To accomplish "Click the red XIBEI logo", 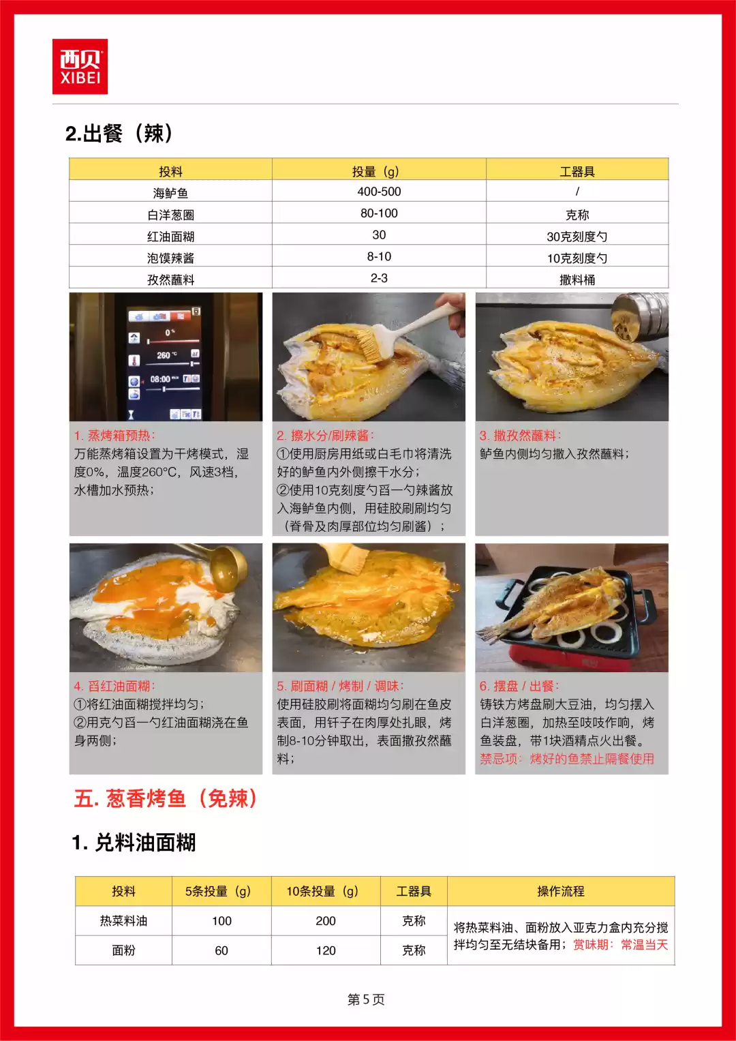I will [x=80, y=67].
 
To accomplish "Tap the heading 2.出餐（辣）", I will [x=119, y=133].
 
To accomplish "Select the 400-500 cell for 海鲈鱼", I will [x=379, y=192].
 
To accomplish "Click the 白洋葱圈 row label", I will [x=170, y=215].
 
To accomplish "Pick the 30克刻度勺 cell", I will [x=577, y=237].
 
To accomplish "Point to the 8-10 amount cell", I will [x=379, y=257].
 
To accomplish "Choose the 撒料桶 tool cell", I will [x=577, y=280].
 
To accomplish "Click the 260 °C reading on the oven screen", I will [x=167, y=355].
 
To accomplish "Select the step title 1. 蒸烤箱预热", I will [x=114, y=436].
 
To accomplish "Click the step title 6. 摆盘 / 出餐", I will [x=519, y=687].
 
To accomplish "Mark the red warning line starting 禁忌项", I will [x=567, y=759].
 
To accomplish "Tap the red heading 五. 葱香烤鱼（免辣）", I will [x=166, y=798].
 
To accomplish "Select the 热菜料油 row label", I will [x=123, y=921].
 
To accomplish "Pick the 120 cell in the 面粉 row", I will [x=326, y=950].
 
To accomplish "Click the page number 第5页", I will [x=366, y=999].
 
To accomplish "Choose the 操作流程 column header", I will [x=560, y=891].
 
